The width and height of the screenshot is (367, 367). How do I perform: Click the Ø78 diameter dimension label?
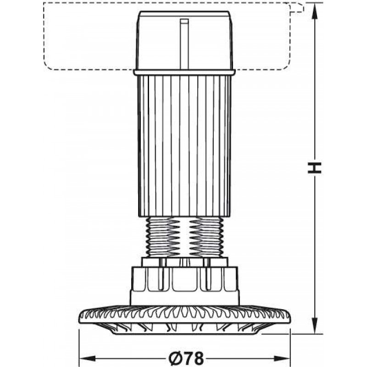[x=186, y=358]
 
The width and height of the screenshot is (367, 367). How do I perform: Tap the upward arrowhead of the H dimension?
[x=315, y=10]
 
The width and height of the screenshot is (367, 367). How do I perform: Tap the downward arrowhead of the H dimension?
[x=315, y=326]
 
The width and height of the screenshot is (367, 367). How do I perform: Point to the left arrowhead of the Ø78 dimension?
[x=88, y=358]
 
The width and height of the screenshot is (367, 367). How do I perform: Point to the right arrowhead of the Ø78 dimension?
[x=282, y=358]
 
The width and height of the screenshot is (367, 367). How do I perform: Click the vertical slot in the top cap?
[x=184, y=44]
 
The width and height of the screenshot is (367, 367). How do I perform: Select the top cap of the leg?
[x=184, y=40]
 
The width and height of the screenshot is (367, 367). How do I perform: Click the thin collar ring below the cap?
[x=184, y=72]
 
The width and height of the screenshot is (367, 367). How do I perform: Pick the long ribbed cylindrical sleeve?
[x=184, y=146]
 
